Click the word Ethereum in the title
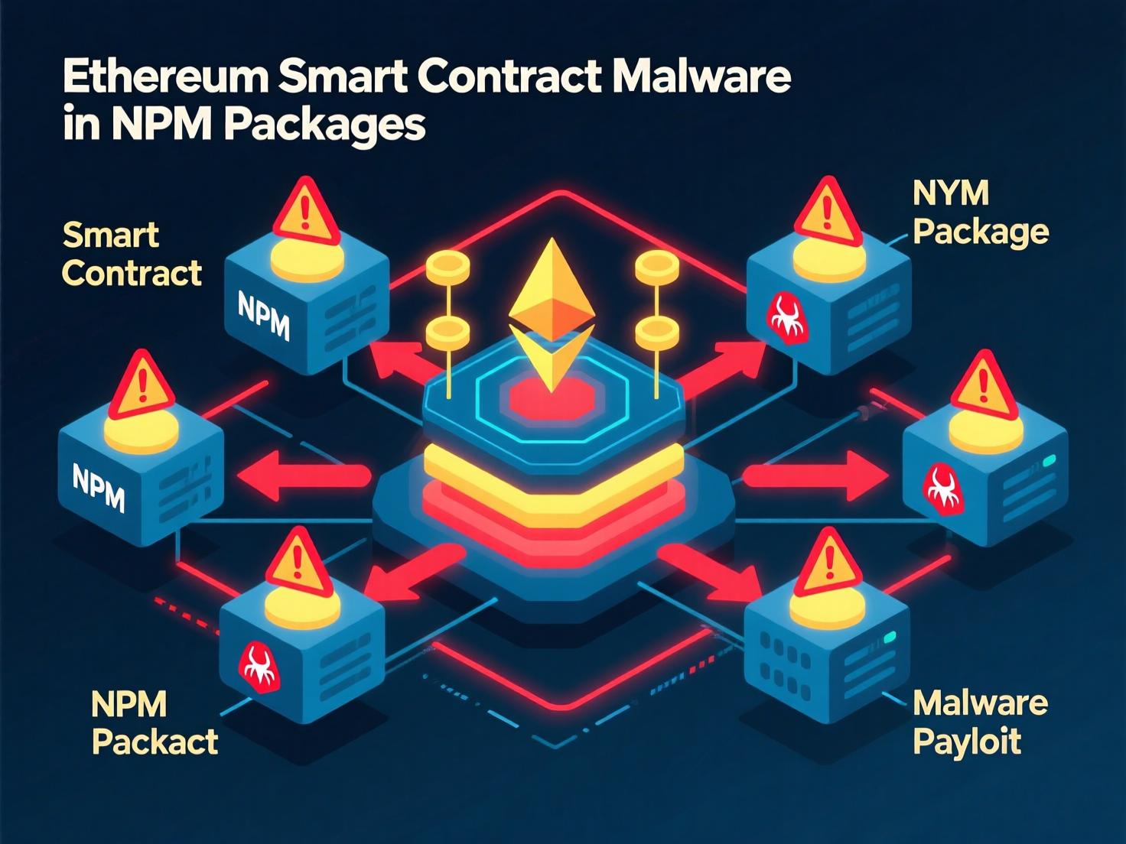pos(164,77)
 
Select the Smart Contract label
pos(131,254)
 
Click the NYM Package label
pos(979,213)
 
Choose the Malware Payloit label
pos(979,722)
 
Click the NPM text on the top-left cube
pos(264,316)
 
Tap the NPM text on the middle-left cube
pos(99,487)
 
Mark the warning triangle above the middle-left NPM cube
pos(142,386)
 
